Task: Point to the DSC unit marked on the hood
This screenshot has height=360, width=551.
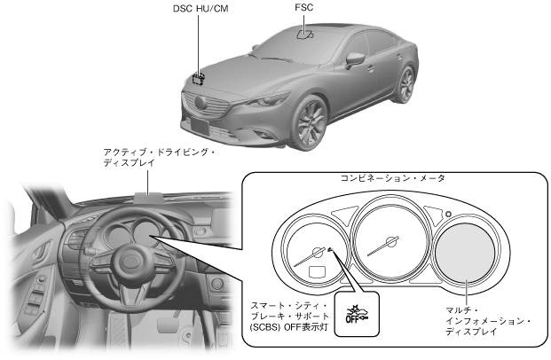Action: [x=199, y=78]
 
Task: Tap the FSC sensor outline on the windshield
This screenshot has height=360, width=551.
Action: [x=303, y=36]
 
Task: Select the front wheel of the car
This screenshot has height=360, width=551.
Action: [x=311, y=125]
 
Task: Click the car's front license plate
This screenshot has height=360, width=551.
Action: [x=198, y=126]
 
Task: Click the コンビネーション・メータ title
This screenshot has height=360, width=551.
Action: [x=393, y=178]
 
